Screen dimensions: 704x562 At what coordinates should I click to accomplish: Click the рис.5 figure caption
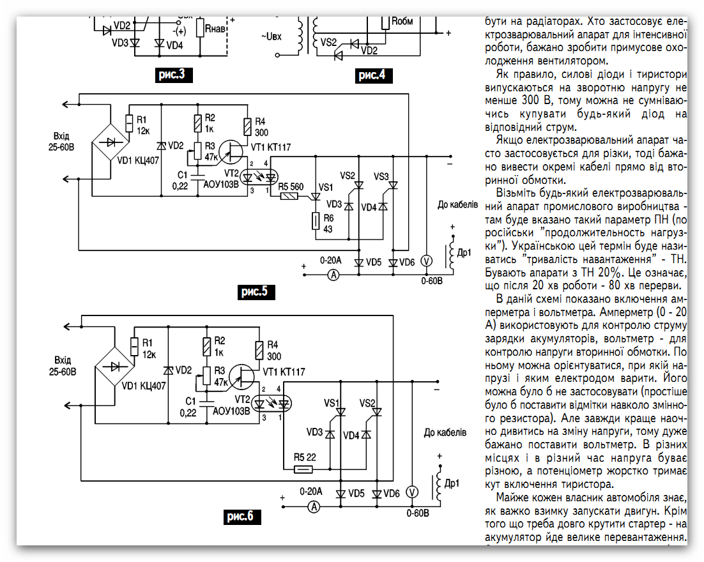pos(256,292)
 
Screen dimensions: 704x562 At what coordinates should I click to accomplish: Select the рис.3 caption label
pos(173,74)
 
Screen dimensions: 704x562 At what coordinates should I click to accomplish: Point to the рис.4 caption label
pos(372,75)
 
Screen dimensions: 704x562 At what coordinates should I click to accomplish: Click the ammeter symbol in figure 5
pos(333,275)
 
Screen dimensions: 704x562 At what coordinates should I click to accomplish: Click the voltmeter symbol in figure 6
pos(412,492)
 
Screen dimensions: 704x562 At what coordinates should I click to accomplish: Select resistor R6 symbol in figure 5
pos(316,222)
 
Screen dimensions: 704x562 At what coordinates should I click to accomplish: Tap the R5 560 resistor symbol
pos(289,196)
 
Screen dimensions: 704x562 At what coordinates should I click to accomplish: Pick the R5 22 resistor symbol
pos(303,469)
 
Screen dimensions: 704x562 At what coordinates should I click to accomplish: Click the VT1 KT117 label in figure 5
pos(271,148)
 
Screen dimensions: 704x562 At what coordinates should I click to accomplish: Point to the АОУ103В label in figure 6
pos(231,411)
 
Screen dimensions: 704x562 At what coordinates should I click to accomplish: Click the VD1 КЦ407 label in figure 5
pos(138,160)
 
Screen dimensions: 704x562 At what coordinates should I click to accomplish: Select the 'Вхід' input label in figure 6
pos(63,360)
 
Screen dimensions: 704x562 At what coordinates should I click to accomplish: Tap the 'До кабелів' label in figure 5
pos(458,205)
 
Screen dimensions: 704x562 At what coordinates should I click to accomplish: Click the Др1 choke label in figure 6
pos(452,483)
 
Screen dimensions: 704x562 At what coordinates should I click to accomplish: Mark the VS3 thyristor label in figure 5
pos(381,177)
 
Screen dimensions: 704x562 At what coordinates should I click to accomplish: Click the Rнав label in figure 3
pos(215,29)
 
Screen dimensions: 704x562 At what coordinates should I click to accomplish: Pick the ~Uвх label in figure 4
pos(271,36)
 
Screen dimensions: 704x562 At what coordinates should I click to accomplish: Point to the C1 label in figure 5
pos(182,175)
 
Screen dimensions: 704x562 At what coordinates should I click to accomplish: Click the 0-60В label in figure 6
pos(418,513)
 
